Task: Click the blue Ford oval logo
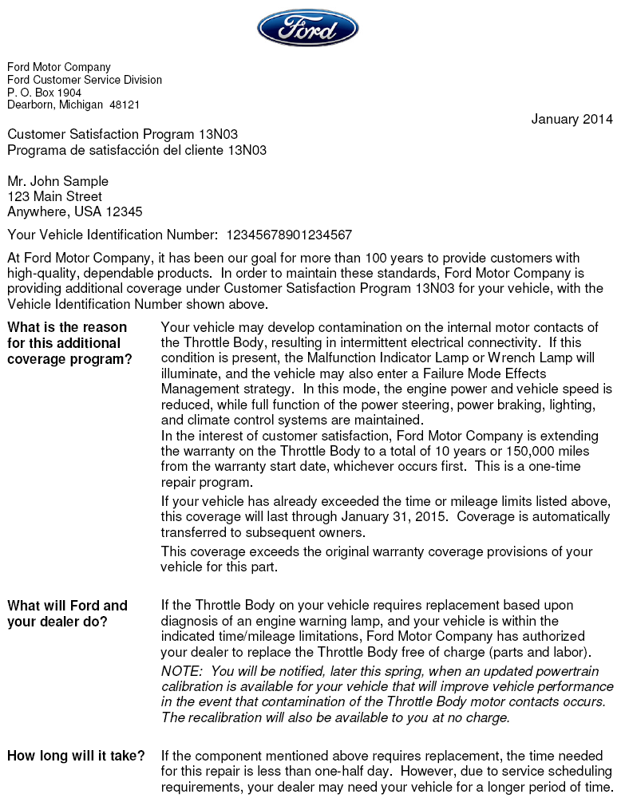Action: [307, 28]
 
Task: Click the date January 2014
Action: [572, 120]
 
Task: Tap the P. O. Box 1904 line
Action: [45, 93]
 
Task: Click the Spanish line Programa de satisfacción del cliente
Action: [136, 150]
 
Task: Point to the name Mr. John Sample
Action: [57, 181]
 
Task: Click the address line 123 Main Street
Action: [54, 196]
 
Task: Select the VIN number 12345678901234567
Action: [289, 235]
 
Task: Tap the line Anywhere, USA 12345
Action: [75, 211]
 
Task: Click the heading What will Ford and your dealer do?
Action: [67, 614]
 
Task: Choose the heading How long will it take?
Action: [76, 756]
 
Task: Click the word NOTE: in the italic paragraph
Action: [183, 671]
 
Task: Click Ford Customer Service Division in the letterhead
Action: [85, 80]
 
